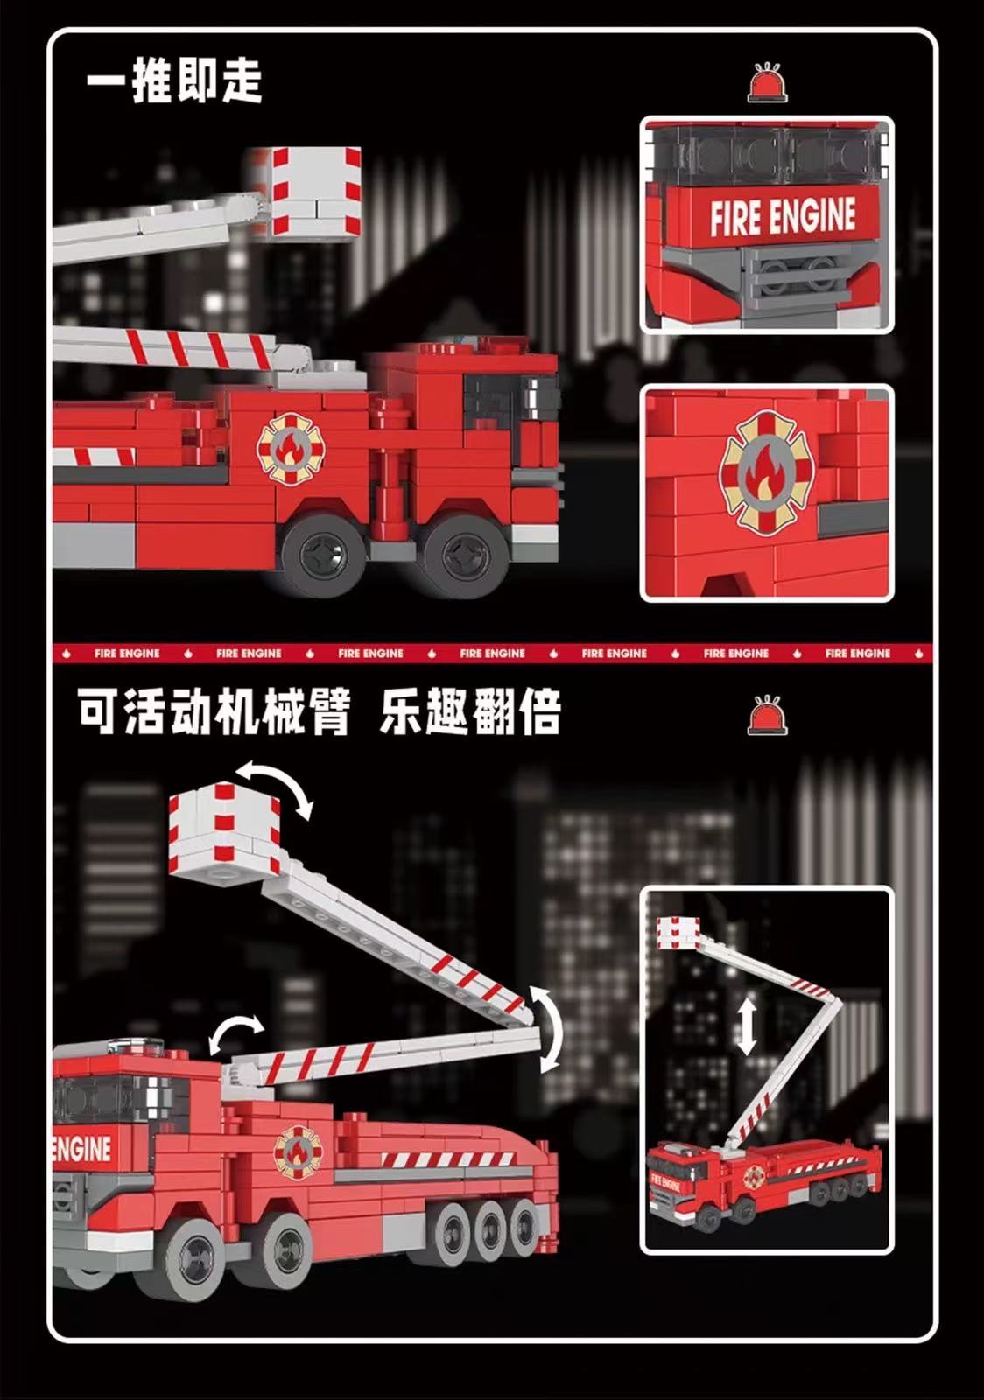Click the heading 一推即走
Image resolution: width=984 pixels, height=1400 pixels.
click(x=174, y=80)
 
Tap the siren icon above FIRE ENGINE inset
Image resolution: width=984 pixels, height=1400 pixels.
click(x=767, y=83)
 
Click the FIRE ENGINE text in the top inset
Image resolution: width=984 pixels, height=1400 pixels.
click(x=782, y=217)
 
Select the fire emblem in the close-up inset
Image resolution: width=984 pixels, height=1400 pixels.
click(x=767, y=473)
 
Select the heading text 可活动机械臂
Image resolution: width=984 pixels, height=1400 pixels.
click(x=214, y=711)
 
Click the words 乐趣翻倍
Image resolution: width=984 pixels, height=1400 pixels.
click(x=469, y=711)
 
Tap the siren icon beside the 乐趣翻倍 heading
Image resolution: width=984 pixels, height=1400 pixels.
click(x=767, y=715)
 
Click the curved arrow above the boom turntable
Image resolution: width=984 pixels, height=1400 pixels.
click(x=234, y=1032)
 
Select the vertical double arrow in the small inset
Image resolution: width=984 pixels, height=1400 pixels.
click(x=746, y=1027)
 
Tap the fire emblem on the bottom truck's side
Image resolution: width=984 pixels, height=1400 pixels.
click(x=298, y=1151)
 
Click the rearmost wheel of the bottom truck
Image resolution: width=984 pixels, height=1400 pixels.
click(x=525, y=1224)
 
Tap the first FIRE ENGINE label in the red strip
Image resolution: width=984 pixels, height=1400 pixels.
click(x=127, y=653)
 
